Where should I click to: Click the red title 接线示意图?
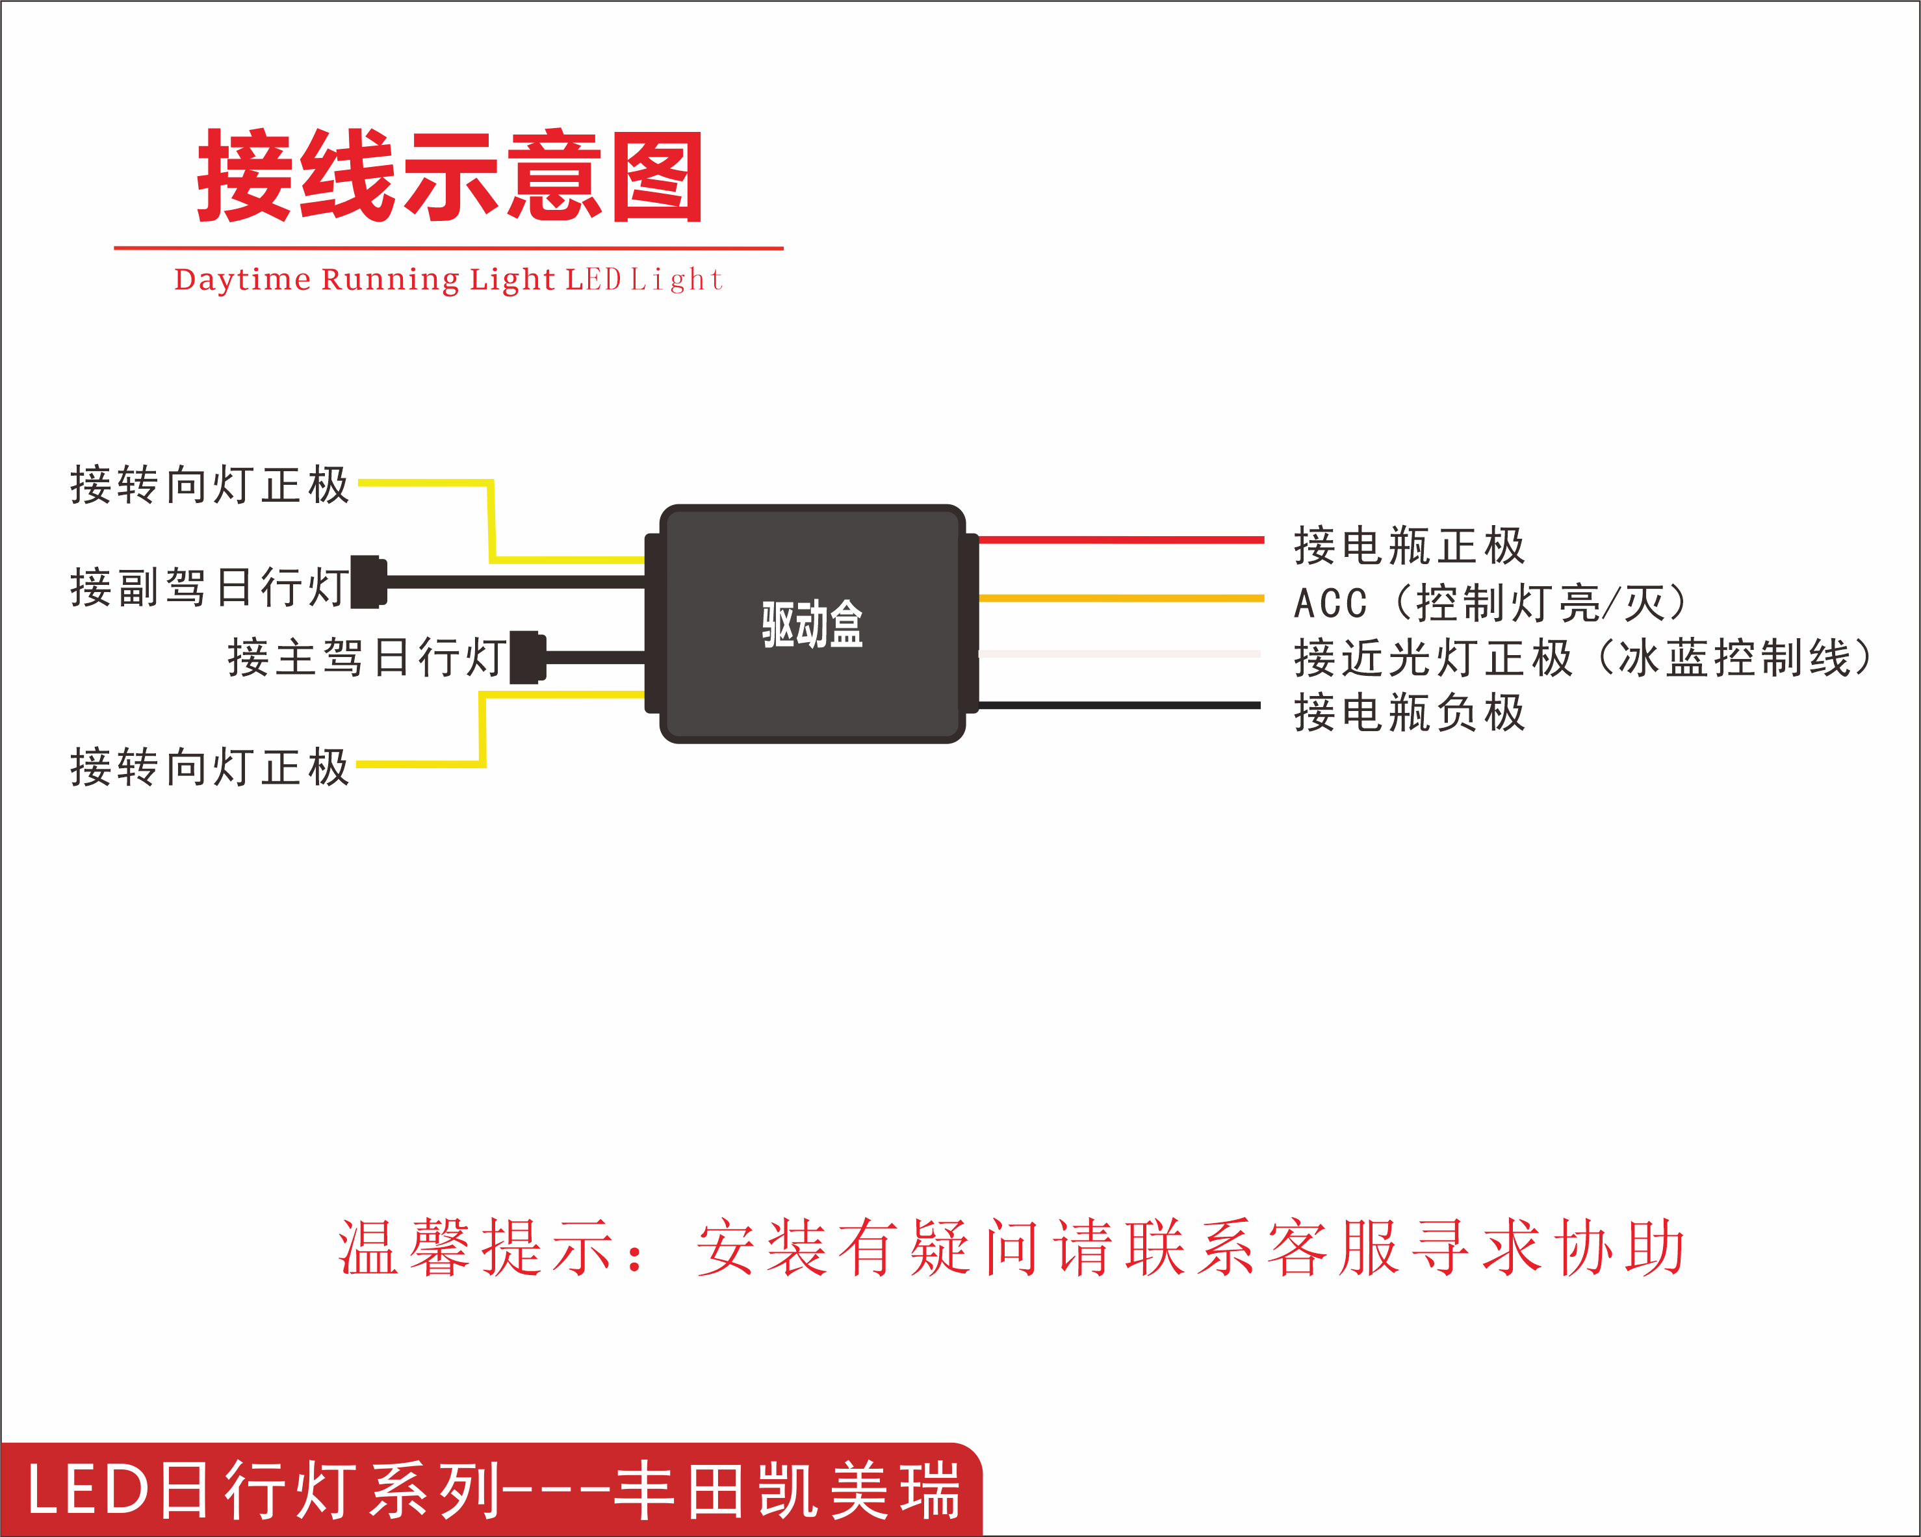click(450, 175)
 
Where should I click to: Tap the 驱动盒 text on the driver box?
click(812, 624)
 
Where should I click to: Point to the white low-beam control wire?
click(1120, 654)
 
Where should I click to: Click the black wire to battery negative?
click(1120, 706)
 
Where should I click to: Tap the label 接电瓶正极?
click(1409, 545)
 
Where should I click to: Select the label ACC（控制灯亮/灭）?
click(1489, 603)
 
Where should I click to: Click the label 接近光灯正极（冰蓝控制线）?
click(1583, 658)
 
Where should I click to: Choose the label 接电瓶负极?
click(1409, 713)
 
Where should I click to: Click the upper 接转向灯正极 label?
click(209, 485)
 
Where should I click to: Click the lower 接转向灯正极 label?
click(209, 767)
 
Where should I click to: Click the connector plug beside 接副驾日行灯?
click(368, 582)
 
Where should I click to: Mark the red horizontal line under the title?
click(448, 248)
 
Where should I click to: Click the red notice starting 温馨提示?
click(1011, 1247)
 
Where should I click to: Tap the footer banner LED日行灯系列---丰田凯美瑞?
click(493, 1490)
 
